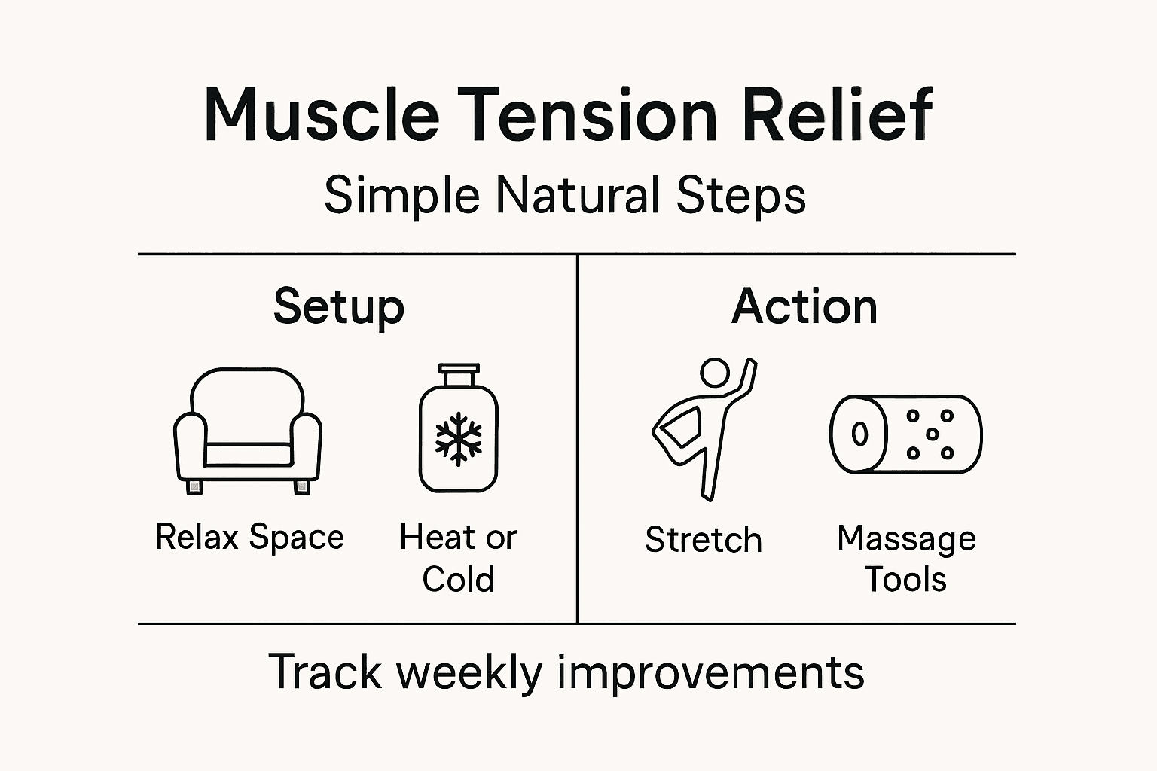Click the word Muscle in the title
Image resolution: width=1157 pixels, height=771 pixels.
click(x=322, y=115)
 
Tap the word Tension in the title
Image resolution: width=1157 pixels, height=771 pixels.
click(x=588, y=115)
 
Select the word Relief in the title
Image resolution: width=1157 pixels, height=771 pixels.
click(x=838, y=115)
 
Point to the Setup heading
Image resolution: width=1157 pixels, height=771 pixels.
click(x=339, y=307)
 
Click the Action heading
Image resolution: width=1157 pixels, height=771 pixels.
click(x=804, y=307)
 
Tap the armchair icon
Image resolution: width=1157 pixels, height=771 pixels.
click(x=248, y=429)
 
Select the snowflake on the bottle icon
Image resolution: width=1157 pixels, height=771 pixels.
click(x=458, y=438)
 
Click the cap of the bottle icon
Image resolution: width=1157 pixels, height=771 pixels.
click(x=458, y=374)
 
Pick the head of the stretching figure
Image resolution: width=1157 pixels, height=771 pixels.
click(x=714, y=372)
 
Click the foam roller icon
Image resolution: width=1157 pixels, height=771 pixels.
click(x=905, y=434)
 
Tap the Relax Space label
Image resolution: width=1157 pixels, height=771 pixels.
click(x=249, y=538)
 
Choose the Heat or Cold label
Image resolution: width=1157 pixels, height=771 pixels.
click(x=458, y=558)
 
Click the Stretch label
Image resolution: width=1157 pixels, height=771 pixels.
click(x=704, y=540)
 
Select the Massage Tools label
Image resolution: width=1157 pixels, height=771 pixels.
click(x=906, y=559)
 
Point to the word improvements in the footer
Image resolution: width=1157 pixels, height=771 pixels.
click(x=710, y=672)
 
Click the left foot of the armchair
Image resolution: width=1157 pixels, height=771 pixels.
click(x=195, y=487)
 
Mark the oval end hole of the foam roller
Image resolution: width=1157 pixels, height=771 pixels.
click(x=859, y=434)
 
